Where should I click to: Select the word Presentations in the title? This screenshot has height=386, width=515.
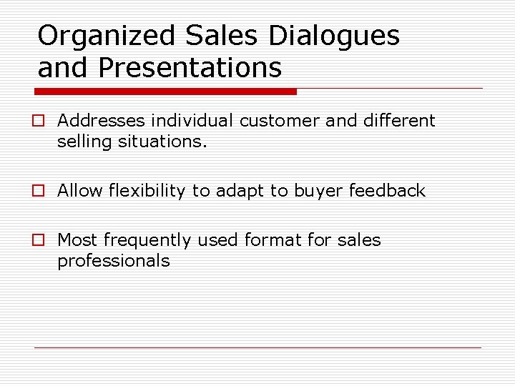coord(190,69)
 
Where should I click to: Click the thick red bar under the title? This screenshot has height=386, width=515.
coord(167,91)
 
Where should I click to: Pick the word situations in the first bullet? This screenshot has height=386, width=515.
coord(170,142)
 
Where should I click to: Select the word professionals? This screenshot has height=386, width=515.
coord(114,261)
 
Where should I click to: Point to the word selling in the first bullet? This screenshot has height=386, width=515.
coord(81,142)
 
